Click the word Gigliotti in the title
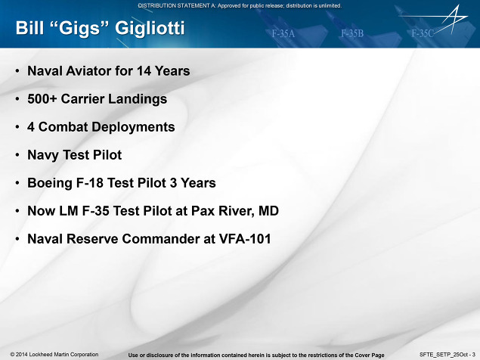click(150, 29)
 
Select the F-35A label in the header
click(283, 33)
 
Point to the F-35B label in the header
click(352, 33)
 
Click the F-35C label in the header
click(423, 33)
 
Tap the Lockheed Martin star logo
click(441, 19)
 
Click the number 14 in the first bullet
click(144, 71)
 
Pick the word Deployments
click(133, 127)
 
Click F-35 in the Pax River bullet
click(95, 211)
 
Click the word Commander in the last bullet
click(161, 239)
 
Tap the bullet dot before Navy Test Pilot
click(17, 155)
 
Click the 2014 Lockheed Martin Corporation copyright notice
click(54, 355)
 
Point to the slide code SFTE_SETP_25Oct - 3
click(447, 355)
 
